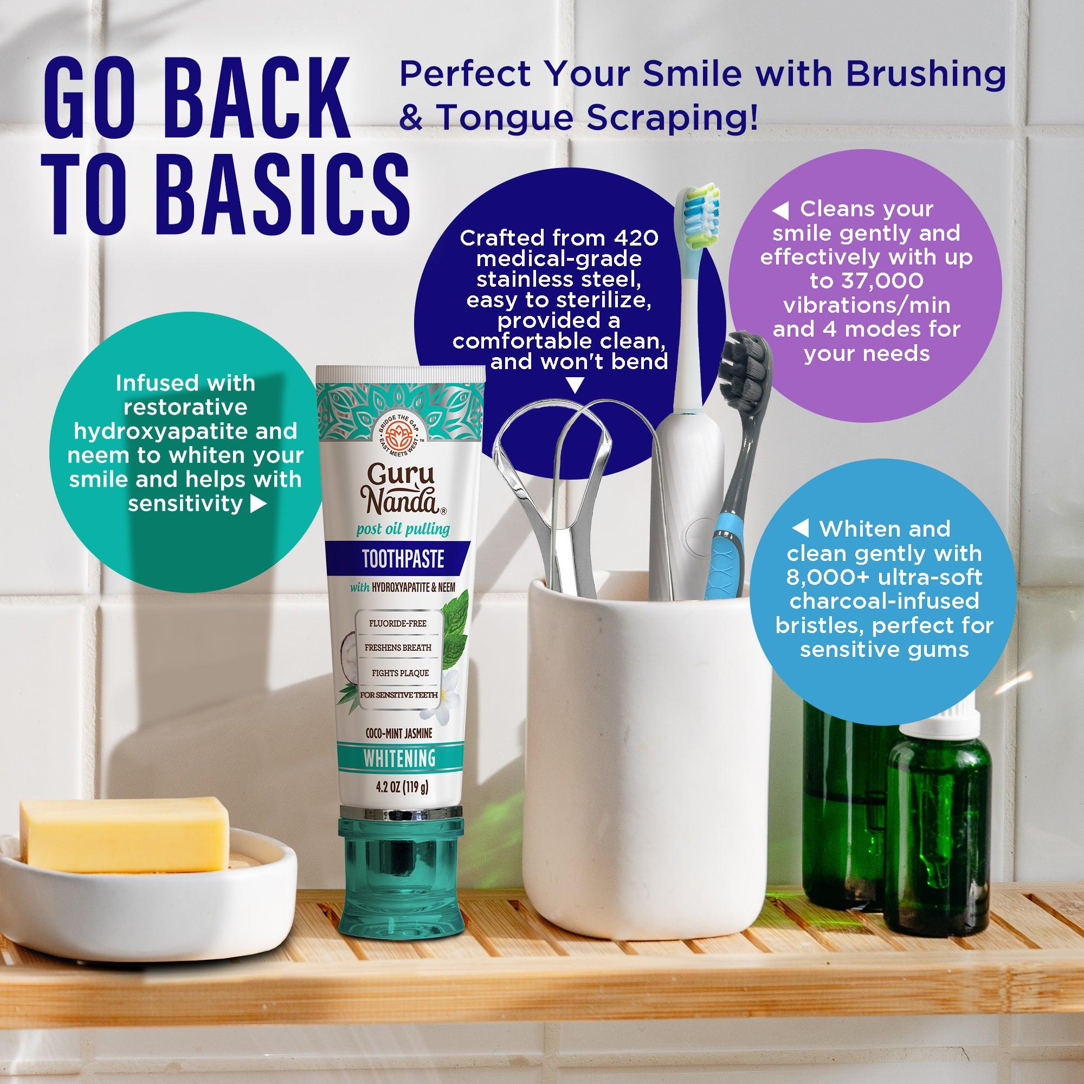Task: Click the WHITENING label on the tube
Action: [399, 758]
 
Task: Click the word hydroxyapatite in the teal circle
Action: [185, 431]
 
